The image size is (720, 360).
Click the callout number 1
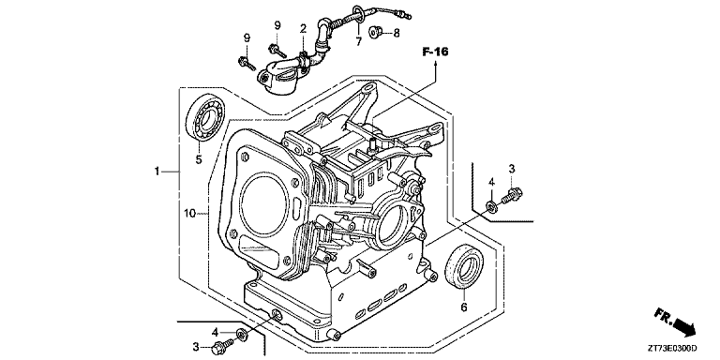click(x=158, y=171)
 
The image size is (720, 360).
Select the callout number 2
click(x=303, y=29)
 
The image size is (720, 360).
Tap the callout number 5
click(x=198, y=159)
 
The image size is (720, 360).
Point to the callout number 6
click(x=462, y=307)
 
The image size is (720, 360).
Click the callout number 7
click(x=357, y=42)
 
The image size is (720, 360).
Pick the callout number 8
click(x=396, y=33)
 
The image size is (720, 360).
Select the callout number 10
click(x=190, y=214)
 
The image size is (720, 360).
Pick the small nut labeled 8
click(x=372, y=33)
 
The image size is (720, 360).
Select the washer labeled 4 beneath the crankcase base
click(x=242, y=334)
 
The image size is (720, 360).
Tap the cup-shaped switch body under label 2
click(x=277, y=81)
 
